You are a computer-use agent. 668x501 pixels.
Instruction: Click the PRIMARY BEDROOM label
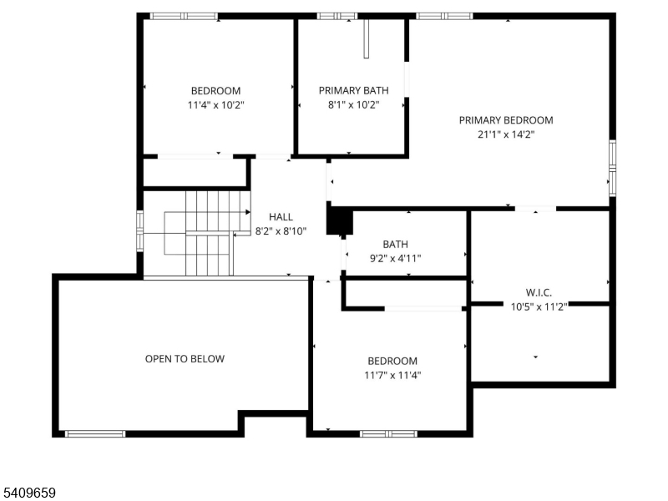pos(505,120)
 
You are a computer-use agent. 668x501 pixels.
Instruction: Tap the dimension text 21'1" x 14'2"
pos(505,134)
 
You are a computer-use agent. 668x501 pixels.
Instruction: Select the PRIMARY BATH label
pos(353,90)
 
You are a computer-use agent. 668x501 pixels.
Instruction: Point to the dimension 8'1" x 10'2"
pos(353,104)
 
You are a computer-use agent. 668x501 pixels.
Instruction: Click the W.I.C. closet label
pos(539,292)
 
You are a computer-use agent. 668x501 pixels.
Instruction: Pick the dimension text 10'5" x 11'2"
pos(539,306)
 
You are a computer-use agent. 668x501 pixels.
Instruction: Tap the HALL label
pos(281,217)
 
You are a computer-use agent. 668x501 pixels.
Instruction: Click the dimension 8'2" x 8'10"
pos(281,231)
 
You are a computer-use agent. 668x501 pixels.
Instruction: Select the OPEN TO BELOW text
pos(185,359)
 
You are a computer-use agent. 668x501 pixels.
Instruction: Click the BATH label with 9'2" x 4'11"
pos(395,245)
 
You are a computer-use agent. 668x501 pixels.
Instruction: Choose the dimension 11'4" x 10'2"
pos(215,104)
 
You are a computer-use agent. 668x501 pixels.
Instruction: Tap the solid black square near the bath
pos(337,221)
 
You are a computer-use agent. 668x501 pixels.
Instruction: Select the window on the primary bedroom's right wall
pos(612,168)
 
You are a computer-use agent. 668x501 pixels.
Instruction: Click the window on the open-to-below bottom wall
pos(95,433)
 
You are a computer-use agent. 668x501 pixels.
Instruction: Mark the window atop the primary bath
pos(337,16)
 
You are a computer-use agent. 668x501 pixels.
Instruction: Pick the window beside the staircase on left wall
pos(140,231)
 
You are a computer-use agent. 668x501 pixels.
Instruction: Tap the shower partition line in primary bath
pos(366,39)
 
